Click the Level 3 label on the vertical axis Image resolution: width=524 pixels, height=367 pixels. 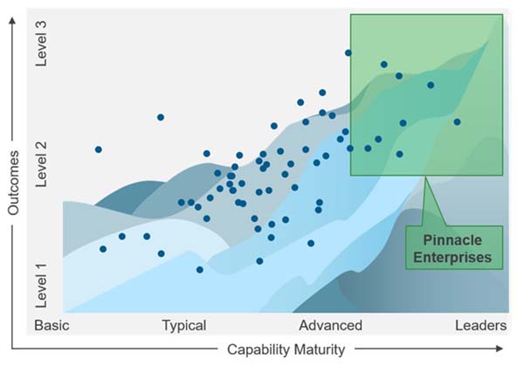pyautogui.click(x=41, y=44)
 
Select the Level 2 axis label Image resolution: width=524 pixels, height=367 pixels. pyautogui.click(x=41, y=164)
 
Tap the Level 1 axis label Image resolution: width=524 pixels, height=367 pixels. pyautogui.click(x=41, y=285)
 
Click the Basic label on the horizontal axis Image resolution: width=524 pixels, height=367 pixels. pyautogui.click(x=52, y=325)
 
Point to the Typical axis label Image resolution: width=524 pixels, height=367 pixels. pyautogui.click(x=184, y=326)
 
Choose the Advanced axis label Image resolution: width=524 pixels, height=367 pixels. pyautogui.click(x=330, y=325)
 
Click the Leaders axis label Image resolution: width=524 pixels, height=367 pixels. pyautogui.click(x=481, y=325)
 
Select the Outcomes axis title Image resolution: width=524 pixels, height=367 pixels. pyautogui.click(x=13, y=183)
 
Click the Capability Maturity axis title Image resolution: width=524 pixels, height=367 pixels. pyautogui.click(x=286, y=350)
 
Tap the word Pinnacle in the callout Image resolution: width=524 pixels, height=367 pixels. pyautogui.click(x=452, y=240)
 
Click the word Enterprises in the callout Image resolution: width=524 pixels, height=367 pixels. pyautogui.click(x=452, y=258)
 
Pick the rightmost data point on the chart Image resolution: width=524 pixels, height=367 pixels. pyautogui.click(x=457, y=122)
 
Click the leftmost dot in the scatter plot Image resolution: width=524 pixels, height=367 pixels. pyautogui.click(x=98, y=149)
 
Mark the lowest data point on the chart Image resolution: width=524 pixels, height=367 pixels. pyautogui.click(x=199, y=270)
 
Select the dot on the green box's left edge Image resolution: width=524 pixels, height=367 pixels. pyautogui.click(x=350, y=149)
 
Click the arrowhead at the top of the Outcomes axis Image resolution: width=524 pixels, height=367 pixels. pyautogui.click(x=12, y=21)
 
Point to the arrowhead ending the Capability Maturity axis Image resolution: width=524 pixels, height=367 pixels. pyautogui.click(x=500, y=349)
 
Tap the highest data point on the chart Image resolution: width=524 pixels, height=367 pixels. pyautogui.click(x=348, y=52)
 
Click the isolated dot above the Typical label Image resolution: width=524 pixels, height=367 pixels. pyautogui.click(x=161, y=117)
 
